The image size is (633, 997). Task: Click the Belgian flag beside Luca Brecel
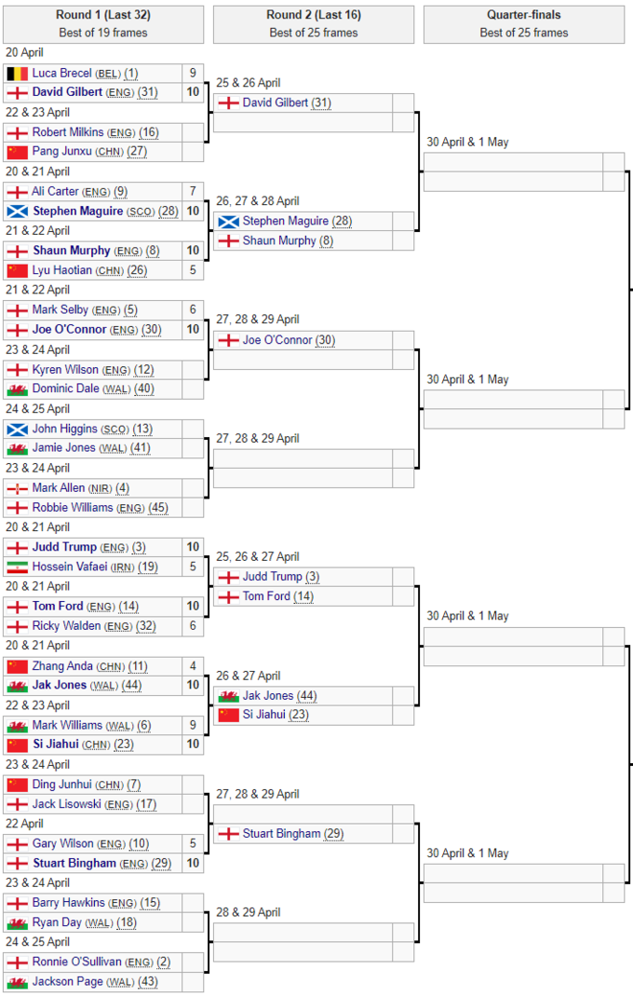pyautogui.click(x=17, y=73)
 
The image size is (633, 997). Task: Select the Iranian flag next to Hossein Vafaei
pyautogui.click(x=17, y=567)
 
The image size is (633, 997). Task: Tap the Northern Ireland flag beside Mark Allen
pyautogui.click(x=17, y=488)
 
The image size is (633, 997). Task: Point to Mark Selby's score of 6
pyautogui.click(x=193, y=309)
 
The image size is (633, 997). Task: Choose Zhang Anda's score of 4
pyautogui.click(x=193, y=666)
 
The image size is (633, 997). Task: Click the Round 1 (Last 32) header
pyautogui.click(x=103, y=15)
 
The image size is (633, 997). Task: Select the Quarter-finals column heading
pyautogui.click(x=524, y=15)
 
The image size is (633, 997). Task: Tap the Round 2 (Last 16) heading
pyautogui.click(x=314, y=15)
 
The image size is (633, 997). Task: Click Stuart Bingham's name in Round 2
pyautogui.click(x=281, y=834)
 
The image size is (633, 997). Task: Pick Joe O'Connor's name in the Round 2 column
pyautogui.click(x=276, y=340)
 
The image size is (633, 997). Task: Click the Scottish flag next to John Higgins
pyautogui.click(x=17, y=429)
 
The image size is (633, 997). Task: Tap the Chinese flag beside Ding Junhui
pyautogui.click(x=17, y=785)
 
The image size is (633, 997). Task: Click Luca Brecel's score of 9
pyautogui.click(x=193, y=73)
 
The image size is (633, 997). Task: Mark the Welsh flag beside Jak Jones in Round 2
pyautogui.click(x=228, y=696)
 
